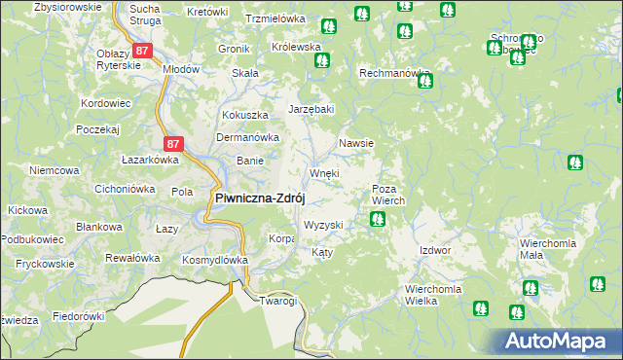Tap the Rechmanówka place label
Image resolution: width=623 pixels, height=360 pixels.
point(395,73)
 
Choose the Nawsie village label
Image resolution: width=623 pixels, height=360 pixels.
point(356,143)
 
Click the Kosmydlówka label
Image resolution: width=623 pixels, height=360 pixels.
point(216,261)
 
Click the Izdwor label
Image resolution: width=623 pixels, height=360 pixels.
point(435,250)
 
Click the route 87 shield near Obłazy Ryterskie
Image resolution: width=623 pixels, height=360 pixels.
point(143,50)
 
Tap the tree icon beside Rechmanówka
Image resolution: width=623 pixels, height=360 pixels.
point(424,81)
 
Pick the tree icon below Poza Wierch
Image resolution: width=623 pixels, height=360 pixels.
point(376,220)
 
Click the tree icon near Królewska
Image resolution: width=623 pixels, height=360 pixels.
point(321,60)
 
